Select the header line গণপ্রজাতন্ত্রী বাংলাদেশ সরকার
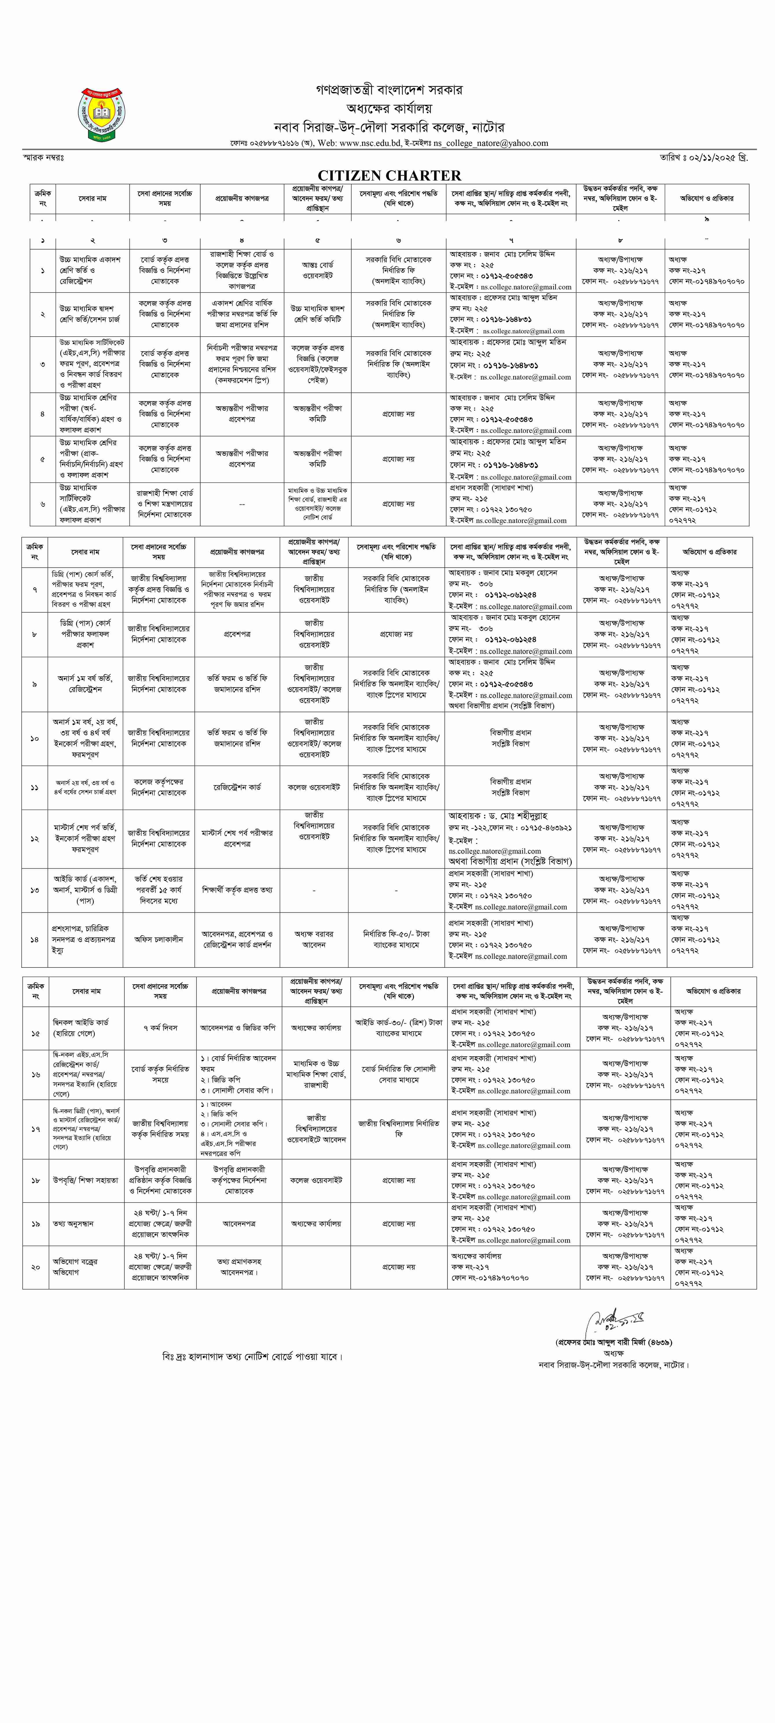coord(388,90)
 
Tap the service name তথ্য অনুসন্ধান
coord(74,1223)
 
